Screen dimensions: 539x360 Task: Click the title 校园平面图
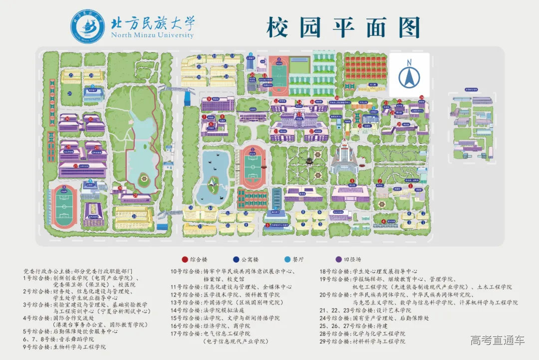pos(343,27)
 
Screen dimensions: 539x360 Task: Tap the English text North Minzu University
pos(152,35)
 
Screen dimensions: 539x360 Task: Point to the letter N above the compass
pos(409,62)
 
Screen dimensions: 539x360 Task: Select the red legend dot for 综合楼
pos(185,260)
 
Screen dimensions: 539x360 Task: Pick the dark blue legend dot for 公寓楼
pos(236,260)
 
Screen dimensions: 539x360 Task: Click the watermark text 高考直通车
pos(498,341)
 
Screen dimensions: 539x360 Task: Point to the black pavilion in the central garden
pos(310,161)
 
